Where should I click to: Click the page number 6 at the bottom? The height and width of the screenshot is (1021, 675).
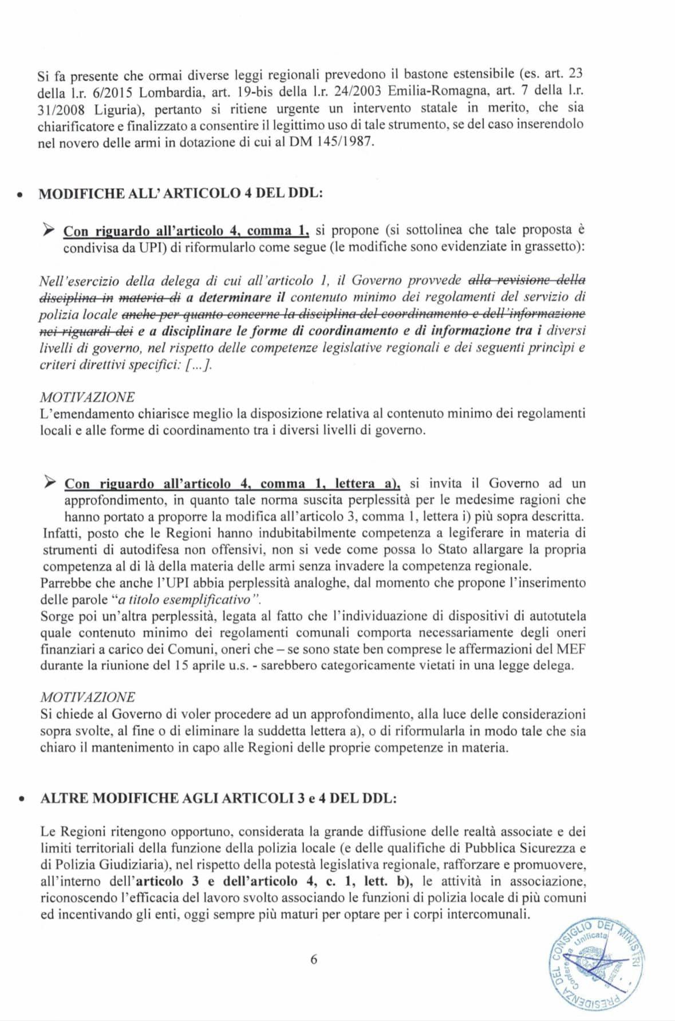(313, 960)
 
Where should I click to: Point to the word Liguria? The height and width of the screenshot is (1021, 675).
(103, 108)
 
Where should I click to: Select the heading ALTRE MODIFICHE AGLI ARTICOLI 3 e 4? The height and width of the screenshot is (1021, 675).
(218, 798)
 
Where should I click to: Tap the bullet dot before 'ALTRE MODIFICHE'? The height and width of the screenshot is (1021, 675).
(21, 800)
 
